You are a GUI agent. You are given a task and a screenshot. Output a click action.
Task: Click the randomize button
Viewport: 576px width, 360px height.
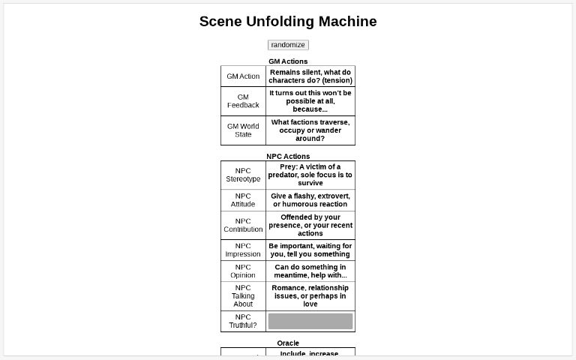pos(288,45)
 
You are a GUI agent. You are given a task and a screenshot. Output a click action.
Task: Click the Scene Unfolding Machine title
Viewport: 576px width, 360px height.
pos(288,22)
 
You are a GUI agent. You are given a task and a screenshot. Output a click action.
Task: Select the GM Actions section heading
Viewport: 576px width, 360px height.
pos(288,61)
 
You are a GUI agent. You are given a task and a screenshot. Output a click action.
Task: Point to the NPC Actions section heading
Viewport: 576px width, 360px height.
pos(288,157)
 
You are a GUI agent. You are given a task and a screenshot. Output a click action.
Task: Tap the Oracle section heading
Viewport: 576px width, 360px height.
pos(288,343)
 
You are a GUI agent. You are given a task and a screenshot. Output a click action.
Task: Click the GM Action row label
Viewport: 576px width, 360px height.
pos(243,76)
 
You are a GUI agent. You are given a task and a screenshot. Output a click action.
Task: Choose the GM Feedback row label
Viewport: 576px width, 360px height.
pos(243,101)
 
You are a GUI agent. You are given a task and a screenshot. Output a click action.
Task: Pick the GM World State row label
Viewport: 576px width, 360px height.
pos(243,130)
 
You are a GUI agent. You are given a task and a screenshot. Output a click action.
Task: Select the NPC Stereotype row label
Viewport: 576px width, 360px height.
pos(243,175)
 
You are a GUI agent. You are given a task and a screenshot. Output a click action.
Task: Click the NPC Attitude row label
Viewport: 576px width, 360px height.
pos(243,200)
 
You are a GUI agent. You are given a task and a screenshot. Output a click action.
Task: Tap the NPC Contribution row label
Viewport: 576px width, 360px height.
pos(243,225)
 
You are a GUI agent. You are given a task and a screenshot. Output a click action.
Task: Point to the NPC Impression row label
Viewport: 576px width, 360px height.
pos(243,250)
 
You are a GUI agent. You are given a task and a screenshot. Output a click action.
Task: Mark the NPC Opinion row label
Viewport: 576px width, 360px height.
pos(243,271)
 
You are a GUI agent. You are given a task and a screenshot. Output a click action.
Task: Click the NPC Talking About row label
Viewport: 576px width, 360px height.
pos(243,296)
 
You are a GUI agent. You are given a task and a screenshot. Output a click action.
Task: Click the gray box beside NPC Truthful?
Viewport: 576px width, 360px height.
pos(310,321)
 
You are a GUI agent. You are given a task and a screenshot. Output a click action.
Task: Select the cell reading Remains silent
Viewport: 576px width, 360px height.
pos(310,76)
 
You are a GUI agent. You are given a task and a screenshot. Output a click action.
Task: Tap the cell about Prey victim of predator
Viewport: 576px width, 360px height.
pos(310,175)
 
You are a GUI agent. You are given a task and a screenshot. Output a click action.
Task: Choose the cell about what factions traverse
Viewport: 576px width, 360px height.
pos(310,130)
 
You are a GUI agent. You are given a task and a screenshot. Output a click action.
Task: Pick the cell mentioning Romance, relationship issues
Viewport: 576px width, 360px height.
pos(310,296)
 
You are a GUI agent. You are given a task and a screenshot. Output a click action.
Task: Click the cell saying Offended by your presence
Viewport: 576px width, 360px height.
pos(310,225)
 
